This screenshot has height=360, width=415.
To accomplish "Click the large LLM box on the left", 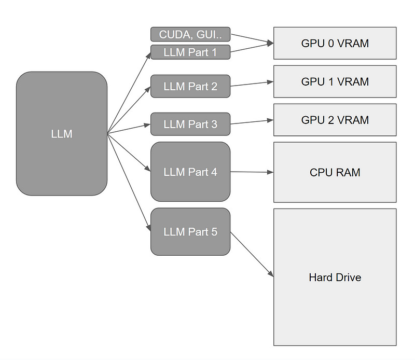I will click(x=62, y=133).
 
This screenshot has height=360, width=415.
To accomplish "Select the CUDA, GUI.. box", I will click(x=190, y=35).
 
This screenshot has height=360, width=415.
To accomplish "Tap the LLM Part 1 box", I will click(x=190, y=52).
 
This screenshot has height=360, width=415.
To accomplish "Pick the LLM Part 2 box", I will click(x=190, y=86).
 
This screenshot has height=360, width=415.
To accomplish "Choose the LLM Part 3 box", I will click(x=190, y=124).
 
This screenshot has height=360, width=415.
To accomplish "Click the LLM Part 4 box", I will click(x=190, y=172).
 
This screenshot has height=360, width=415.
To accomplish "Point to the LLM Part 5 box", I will click(x=190, y=232).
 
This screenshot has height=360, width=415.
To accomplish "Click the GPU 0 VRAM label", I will click(x=335, y=43).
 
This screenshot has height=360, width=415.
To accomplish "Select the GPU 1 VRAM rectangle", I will click(x=335, y=81).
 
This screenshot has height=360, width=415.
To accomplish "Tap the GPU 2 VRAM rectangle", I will click(x=335, y=120).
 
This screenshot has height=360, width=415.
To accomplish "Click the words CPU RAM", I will click(x=335, y=172).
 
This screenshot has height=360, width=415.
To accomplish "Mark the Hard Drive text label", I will click(x=335, y=277).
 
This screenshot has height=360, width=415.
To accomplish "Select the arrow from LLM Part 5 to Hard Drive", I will click(x=252, y=254).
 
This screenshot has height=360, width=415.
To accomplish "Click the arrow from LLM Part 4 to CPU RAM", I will click(x=252, y=172).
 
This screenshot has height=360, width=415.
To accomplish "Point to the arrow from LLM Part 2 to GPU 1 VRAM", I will click(x=252, y=84).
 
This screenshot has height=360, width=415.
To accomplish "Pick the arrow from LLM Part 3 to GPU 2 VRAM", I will click(x=252, y=122).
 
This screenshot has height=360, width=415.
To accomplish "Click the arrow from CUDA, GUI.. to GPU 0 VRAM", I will click(x=252, y=39).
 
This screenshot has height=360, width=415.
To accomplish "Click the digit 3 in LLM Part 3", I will click(x=214, y=124).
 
